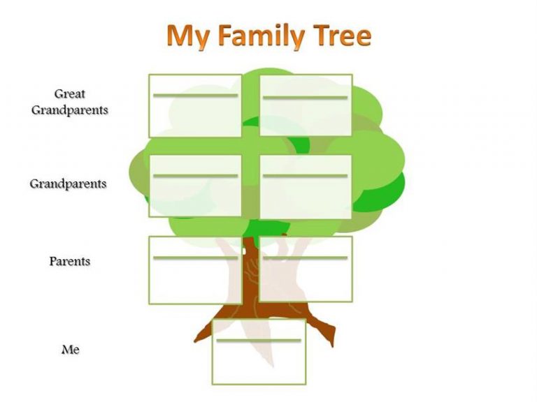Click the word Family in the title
click(262, 36)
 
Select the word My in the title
click(188, 36)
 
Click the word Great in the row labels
click(69, 94)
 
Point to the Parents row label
click(70, 261)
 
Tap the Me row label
click(71, 350)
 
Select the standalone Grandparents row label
click(68, 184)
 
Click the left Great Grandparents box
click(195, 106)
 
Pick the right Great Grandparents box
click(306, 105)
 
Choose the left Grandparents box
click(195, 186)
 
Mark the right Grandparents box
click(306, 186)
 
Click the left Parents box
click(195, 270)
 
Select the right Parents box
click(306, 269)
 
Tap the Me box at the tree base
click(259, 352)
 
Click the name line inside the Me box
click(259, 341)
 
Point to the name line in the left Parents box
click(195, 258)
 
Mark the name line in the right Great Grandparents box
click(305, 98)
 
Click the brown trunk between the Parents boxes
click(251, 270)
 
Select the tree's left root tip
click(195, 341)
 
